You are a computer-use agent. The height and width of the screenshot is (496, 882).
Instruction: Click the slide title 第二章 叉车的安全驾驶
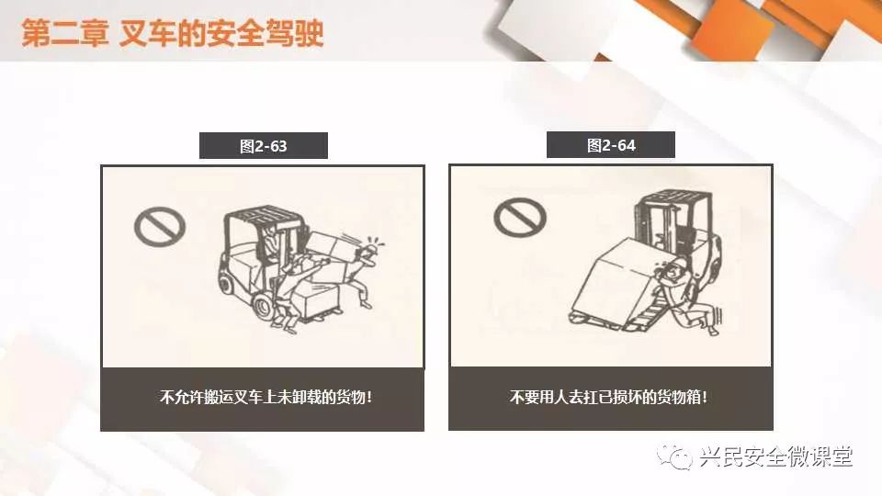point(173,33)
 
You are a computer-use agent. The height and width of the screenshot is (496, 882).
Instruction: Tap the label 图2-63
point(264,146)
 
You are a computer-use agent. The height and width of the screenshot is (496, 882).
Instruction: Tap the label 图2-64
point(611,145)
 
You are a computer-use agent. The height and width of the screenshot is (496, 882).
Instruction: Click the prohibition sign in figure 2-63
point(160,226)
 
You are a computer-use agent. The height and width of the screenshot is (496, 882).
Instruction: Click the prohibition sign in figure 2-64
point(520,217)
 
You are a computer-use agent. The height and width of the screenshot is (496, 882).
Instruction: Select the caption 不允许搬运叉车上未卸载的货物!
point(266,397)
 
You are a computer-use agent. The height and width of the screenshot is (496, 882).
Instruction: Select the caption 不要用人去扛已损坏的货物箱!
point(608,397)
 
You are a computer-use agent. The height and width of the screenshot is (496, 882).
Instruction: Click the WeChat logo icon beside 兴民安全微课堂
point(674,456)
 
